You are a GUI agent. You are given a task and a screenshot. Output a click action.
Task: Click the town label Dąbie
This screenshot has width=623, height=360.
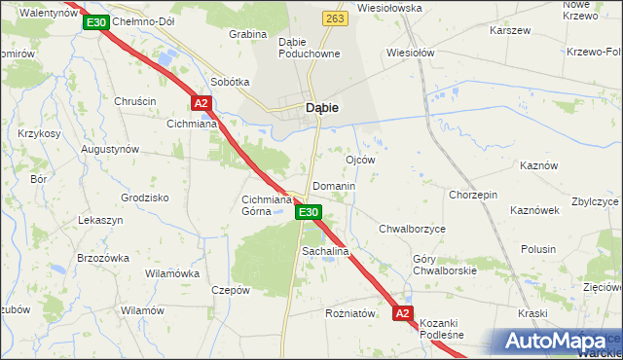click(322, 108)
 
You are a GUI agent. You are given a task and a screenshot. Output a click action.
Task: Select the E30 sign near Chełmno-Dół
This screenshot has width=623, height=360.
click(94, 21)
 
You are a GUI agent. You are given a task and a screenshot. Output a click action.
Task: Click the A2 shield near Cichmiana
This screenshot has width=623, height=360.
click(201, 103)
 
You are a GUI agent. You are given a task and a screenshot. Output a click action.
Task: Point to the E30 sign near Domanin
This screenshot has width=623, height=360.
click(308, 212)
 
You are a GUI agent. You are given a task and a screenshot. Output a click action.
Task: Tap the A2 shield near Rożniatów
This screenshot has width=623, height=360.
click(403, 313)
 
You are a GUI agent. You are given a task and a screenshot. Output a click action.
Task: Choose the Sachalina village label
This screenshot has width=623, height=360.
click(325, 251)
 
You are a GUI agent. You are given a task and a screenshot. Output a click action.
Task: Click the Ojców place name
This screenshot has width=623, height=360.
click(361, 159)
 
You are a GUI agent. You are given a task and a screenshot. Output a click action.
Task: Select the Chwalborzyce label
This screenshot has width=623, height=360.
click(412, 229)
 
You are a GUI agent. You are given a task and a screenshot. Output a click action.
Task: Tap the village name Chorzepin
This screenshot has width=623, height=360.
click(473, 195)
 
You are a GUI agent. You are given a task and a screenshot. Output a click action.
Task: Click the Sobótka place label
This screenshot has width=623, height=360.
click(230, 83)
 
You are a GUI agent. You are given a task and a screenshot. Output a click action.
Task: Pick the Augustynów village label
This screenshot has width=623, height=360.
click(110, 150)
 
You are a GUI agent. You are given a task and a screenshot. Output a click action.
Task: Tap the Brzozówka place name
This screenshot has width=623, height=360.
click(103, 258)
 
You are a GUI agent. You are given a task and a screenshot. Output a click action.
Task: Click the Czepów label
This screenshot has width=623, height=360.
click(231, 290)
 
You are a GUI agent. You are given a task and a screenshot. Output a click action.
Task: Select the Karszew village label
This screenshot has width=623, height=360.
click(511, 30)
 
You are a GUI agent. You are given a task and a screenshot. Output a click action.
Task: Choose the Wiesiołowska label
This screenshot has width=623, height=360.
click(389, 8)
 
